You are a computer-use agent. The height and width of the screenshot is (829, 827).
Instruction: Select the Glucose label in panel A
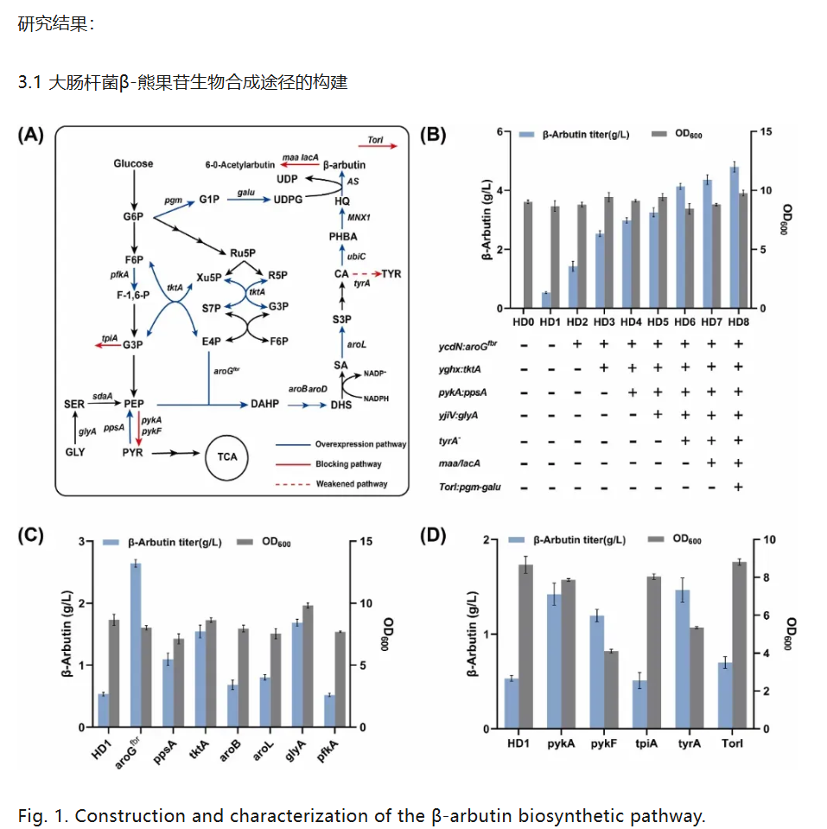pyautogui.click(x=133, y=163)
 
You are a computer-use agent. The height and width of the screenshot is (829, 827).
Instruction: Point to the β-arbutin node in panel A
pyautogui.click(x=344, y=164)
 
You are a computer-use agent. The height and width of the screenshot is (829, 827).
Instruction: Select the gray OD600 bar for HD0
pyautogui.click(x=527, y=255)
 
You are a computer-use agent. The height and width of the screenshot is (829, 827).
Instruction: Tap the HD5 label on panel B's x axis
pyautogui.click(x=657, y=322)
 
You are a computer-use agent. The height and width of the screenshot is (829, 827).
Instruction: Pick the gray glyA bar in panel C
pyautogui.click(x=308, y=666)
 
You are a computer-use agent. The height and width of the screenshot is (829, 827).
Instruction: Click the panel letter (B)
pyautogui.click(x=432, y=135)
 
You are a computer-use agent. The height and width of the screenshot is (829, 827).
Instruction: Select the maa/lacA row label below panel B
pyautogui.click(x=464, y=463)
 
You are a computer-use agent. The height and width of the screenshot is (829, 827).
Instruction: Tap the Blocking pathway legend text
pyautogui.click(x=349, y=464)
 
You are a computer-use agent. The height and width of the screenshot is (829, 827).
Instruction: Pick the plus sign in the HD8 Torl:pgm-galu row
pyautogui.click(x=738, y=487)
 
